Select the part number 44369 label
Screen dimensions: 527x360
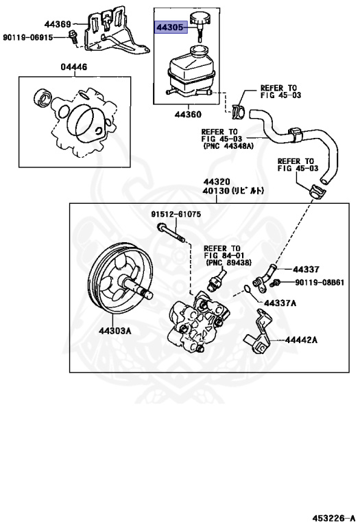click(x=58, y=25)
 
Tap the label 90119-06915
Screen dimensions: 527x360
click(x=28, y=37)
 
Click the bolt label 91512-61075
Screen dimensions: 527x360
click(x=176, y=214)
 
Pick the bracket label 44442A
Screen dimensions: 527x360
click(x=304, y=339)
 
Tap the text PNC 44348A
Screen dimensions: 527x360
click(x=227, y=146)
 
